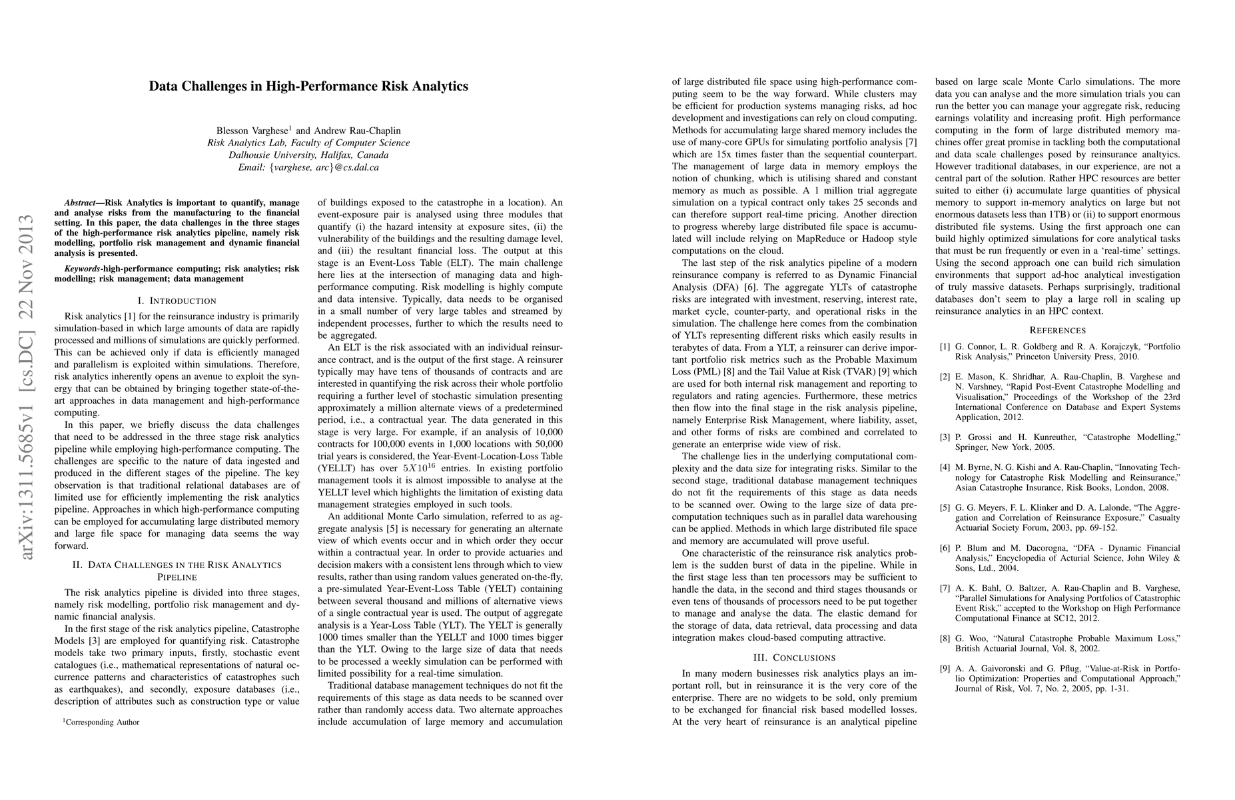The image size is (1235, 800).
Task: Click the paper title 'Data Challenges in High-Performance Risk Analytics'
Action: [x=308, y=86]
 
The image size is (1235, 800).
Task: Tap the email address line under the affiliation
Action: [x=308, y=167]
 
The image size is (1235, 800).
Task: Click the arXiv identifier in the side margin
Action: [x=27, y=387]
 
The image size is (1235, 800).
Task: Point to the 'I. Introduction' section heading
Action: [x=177, y=301]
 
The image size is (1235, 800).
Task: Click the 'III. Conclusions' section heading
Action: [x=794, y=657]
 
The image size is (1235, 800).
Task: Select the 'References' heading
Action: [x=1057, y=330]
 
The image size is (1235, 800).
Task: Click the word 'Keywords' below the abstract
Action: [x=83, y=269]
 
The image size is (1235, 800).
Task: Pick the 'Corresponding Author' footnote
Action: [x=101, y=722]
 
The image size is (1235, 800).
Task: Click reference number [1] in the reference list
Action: [x=945, y=347]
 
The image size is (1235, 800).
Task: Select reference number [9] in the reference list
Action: [x=945, y=669]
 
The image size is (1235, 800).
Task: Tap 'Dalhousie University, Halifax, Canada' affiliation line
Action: [x=308, y=155]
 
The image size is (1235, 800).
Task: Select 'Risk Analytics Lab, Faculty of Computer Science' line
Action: [x=308, y=143]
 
